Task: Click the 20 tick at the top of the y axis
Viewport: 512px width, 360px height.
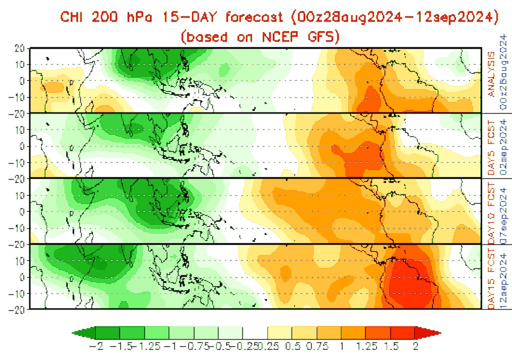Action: (x=20, y=48)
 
